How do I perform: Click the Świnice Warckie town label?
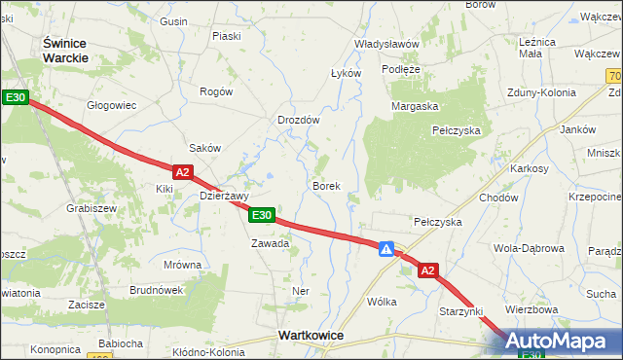(x=65, y=50)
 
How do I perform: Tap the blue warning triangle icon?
(x=387, y=249)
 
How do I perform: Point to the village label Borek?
(x=326, y=185)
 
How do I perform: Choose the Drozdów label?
(x=299, y=120)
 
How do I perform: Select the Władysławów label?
(x=386, y=45)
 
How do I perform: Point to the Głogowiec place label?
(x=111, y=105)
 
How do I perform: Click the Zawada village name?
(x=270, y=243)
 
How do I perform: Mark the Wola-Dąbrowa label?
(x=529, y=248)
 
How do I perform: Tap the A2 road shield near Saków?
(x=184, y=171)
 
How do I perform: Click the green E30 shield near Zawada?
(x=261, y=215)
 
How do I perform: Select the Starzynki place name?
(x=461, y=310)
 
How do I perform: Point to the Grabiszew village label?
(x=92, y=208)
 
